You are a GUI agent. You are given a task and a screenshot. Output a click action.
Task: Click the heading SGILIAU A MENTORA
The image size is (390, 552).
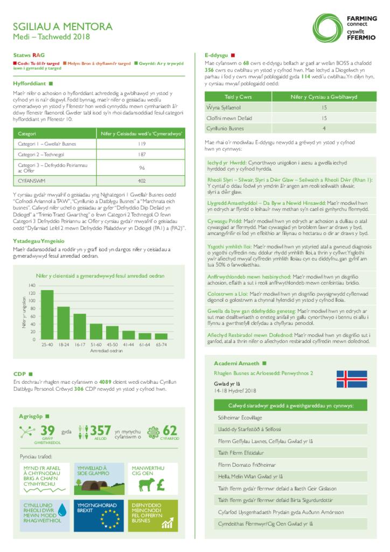pyautogui.click(x=63, y=26)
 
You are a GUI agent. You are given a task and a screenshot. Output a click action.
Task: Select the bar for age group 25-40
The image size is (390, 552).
pyautogui.click(x=47, y=315)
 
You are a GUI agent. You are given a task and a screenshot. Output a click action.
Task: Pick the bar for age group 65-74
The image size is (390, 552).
pyautogui.click(x=161, y=336)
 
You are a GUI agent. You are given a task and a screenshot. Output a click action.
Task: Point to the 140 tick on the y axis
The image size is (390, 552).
pyautogui.click(x=32, y=285)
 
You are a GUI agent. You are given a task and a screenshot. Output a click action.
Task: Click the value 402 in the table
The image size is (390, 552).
pyautogui.click(x=142, y=181)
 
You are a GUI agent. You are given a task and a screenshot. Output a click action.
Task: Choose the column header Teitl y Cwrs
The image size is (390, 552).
pyautogui.click(x=238, y=96)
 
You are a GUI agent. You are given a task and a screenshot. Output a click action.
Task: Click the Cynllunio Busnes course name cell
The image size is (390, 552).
pyautogui.click(x=225, y=128)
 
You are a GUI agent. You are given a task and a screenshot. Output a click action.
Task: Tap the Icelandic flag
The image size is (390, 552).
pyautogui.click(x=352, y=379)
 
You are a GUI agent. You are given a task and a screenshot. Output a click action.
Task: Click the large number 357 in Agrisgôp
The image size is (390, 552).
pyautogui.click(x=101, y=431)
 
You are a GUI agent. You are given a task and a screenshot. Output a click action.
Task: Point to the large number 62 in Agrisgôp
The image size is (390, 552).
pyautogui.click(x=169, y=431)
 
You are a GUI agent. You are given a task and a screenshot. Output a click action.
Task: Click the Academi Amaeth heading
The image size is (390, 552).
pyautogui.click(x=236, y=363)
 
